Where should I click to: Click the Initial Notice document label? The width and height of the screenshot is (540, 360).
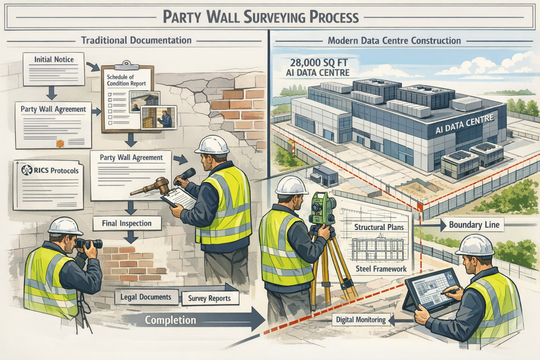54,59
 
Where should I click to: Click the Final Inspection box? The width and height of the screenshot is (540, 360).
127,223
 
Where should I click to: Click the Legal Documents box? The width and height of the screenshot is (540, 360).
146,297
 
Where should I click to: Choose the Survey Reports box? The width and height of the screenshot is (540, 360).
209,298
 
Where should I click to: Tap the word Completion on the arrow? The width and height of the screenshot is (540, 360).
171,320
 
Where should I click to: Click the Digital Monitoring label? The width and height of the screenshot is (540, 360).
361,320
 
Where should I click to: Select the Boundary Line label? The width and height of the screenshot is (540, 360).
474,225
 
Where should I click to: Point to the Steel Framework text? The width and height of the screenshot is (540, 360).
381,269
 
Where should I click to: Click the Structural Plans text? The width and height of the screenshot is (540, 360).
379,227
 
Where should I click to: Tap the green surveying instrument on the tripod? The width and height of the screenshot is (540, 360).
320,207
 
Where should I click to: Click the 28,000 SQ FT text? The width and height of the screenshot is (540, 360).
319,63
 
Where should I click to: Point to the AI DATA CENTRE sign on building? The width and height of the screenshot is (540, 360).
464,125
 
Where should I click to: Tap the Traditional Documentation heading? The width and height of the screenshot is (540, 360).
136,40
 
